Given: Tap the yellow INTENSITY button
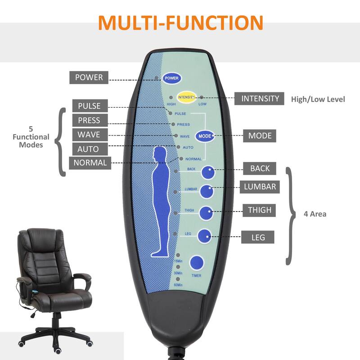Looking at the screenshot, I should (x=186, y=97).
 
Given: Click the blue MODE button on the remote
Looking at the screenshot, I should (x=203, y=135).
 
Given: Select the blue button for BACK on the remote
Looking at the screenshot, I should (x=208, y=172).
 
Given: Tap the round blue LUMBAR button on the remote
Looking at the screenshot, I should (x=206, y=191).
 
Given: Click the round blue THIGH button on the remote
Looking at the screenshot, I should (x=206, y=213).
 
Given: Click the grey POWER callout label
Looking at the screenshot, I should (x=89, y=77).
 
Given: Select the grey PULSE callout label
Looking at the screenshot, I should (x=89, y=106).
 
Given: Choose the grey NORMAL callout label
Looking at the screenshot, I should (x=90, y=163).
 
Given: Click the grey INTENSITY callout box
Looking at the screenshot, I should (x=260, y=99).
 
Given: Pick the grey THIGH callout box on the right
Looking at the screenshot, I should (x=260, y=210).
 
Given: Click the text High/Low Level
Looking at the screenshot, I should (x=318, y=99).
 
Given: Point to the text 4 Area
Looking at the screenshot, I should (x=315, y=214).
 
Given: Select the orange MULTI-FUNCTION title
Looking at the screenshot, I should (x=180, y=22).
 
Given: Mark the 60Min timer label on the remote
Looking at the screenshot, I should (x=178, y=285).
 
